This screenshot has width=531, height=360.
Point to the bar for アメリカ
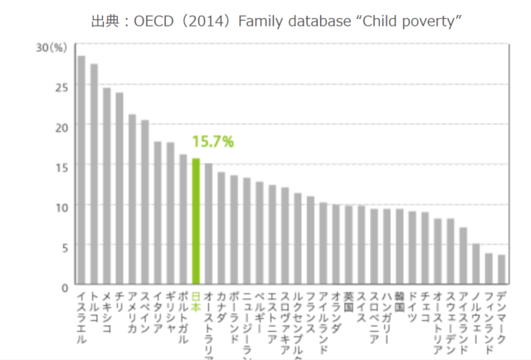click(x=132, y=200)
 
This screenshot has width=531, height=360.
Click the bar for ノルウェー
click(x=475, y=265)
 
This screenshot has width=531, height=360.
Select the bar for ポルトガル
click(x=183, y=220)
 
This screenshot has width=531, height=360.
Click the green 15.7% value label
click(x=212, y=142)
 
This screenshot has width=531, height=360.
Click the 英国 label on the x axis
click(x=348, y=297)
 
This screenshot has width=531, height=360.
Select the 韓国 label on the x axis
click(x=399, y=297)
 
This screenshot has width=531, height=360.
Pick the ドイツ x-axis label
click(x=412, y=302)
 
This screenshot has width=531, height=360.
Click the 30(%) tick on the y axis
click(x=51, y=48)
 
